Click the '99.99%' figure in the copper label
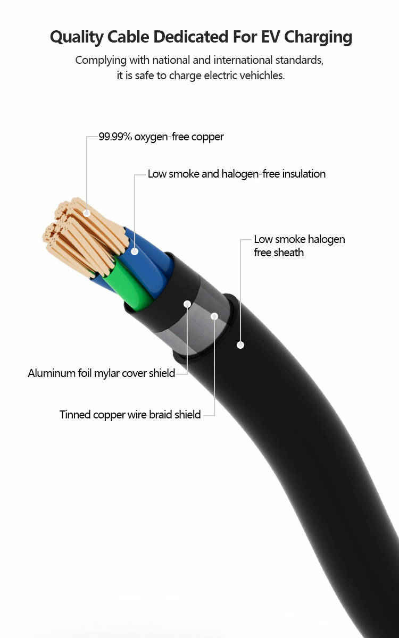click(115, 137)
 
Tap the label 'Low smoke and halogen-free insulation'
click(236, 174)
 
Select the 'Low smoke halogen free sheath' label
click(299, 246)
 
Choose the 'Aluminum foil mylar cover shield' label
click(101, 373)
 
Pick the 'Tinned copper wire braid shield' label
click(130, 414)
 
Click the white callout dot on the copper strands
click(87, 213)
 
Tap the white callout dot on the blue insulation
click(135, 250)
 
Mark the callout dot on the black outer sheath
click(240, 345)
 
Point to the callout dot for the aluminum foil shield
click(187, 304)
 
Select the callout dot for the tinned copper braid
click(214, 316)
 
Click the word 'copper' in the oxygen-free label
click(209, 137)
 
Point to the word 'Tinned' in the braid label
click(75, 414)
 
